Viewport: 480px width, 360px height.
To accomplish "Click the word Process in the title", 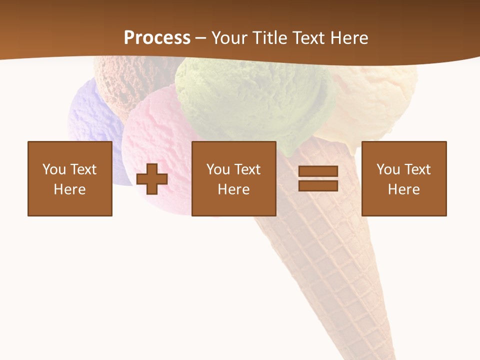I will [157, 38].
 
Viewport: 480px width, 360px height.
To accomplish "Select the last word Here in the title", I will [348, 38].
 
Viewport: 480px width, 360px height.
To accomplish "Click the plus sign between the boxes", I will [152, 179].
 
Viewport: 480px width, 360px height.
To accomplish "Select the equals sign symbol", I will [318, 178].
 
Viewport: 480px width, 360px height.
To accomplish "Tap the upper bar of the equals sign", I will [318, 171].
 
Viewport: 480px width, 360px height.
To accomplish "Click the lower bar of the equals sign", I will [318, 185].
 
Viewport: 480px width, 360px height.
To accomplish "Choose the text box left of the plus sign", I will [70, 178].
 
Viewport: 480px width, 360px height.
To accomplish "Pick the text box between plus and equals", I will [233, 178].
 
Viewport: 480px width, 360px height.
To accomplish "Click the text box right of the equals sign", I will [403, 178].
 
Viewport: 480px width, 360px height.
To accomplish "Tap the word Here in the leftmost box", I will [70, 189].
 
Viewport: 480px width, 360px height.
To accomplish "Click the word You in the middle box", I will [218, 169].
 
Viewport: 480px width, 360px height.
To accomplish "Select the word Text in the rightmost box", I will [417, 169].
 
